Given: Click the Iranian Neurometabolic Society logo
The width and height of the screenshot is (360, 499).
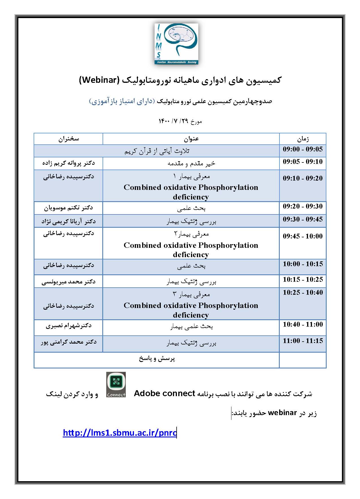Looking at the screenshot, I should pyautogui.click(x=176, y=44).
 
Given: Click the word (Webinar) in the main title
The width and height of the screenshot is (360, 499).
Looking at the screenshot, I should pyautogui.click(x=98, y=80).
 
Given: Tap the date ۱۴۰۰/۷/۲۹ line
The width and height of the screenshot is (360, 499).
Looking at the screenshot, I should pyautogui.click(x=180, y=121).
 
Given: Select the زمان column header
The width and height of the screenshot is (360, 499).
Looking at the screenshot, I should pyautogui.click(x=303, y=139).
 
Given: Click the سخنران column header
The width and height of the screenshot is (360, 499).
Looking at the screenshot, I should pyautogui.click(x=69, y=139).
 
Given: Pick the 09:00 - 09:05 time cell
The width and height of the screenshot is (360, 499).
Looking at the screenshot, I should pyautogui.click(x=303, y=149).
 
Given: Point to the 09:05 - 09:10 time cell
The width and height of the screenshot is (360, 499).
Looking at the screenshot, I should pyautogui.click(x=303, y=162).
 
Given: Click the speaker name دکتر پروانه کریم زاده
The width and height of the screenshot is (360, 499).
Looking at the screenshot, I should pyautogui.click(x=69, y=163).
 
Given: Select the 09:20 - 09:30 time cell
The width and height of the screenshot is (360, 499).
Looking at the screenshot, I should pyautogui.click(x=303, y=206).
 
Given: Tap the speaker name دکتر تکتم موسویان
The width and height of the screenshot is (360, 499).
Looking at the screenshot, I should pyautogui.click(x=69, y=208).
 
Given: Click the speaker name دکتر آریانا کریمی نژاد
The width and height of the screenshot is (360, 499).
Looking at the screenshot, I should pyautogui.click(x=69, y=221).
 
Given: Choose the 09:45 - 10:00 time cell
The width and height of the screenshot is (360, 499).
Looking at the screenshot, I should pyautogui.click(x=303, y=236).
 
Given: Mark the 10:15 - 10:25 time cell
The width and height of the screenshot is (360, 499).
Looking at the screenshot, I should pyautogui.click(x=303, y=279).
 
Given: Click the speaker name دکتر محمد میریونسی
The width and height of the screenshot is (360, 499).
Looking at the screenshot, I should pyautogui.click(x=69, y=281).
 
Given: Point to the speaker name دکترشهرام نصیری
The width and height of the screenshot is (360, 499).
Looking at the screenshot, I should pyautogui.click(x=69, y=326).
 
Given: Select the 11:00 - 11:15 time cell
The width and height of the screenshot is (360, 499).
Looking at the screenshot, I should pyautogui.click(x=303, y=341).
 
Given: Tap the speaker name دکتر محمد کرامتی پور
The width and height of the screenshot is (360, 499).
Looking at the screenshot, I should pyautogui.click(x=69, y=342).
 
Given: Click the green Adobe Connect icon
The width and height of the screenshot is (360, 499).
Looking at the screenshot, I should pyautogui.click(x=116, y=385).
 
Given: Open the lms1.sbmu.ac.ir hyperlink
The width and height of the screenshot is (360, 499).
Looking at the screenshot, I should pyautogui.click(x=120, y=433).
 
